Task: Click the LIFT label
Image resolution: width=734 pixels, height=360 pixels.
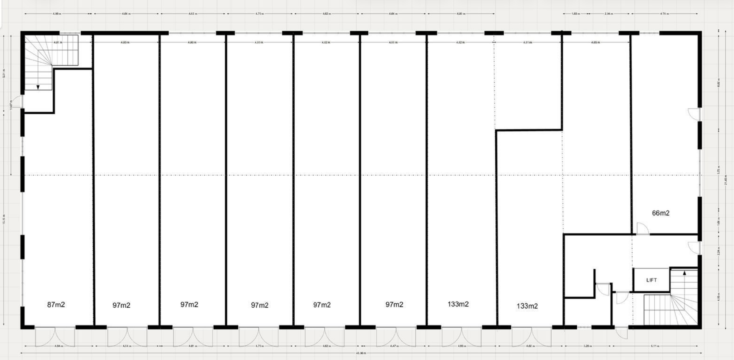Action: tap(651, 280)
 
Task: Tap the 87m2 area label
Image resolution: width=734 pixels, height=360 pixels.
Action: tap(56, 305)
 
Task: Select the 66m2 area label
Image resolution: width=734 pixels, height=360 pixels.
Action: tap(661, 213)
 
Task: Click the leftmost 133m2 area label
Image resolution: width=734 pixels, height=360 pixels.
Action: tap(458, 304)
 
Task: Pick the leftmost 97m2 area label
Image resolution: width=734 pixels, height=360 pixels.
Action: tap(121, 305)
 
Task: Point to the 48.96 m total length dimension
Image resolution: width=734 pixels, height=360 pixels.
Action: tap(361, 353)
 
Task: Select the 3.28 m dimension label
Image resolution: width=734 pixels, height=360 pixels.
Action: tap(587, 346)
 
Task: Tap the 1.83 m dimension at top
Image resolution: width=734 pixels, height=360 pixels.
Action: tap(575, 14)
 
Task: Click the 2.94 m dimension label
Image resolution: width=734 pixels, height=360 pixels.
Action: tap(608, 14)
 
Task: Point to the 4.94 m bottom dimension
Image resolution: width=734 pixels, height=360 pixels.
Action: tap(58, 346)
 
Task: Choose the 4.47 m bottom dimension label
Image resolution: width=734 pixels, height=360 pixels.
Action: tap(394, 346)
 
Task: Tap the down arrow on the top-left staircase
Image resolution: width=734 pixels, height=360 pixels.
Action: tap(38, 87)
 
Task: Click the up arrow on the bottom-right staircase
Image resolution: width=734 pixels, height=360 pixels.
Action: tap(684, 273)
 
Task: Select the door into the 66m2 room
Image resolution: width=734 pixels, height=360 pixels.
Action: tap(642, 229)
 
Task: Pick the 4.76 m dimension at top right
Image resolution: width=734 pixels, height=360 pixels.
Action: tap(664, 14)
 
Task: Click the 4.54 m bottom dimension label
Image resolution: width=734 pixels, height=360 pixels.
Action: tap(126, 346)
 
